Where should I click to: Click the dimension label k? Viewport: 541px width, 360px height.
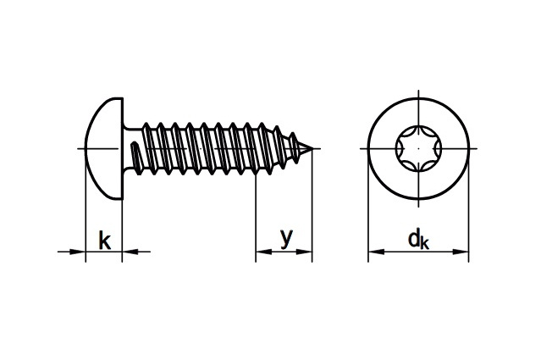coord(104,240)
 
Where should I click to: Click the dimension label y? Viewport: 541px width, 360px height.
coord(286,238)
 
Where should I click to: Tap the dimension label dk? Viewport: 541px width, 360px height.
coord(418,239)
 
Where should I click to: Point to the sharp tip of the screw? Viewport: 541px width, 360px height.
coord(313,149)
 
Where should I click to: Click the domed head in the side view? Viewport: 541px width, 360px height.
coord(103,149)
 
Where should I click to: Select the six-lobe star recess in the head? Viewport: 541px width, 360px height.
coord(418,149)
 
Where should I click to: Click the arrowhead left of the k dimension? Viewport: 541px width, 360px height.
coord(78,252)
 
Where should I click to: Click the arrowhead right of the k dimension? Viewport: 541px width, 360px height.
coord(130,252)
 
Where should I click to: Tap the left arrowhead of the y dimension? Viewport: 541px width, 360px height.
coord(263,252)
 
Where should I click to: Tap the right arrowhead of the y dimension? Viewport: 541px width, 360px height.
coord(304,252)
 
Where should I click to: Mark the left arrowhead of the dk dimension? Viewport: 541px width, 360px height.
coord(376,252)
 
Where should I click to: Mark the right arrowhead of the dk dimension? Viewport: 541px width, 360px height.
coord(461,252)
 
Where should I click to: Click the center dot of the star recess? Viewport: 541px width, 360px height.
coord(418,149)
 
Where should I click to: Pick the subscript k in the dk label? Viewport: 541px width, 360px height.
coord(425,243)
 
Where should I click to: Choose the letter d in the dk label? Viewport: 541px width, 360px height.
coord(414,238)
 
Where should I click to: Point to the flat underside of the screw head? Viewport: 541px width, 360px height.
coord(123,149)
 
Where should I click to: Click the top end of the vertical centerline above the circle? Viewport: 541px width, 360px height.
coord(418,90)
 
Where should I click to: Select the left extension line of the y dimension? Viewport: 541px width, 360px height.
coord(256,218)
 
